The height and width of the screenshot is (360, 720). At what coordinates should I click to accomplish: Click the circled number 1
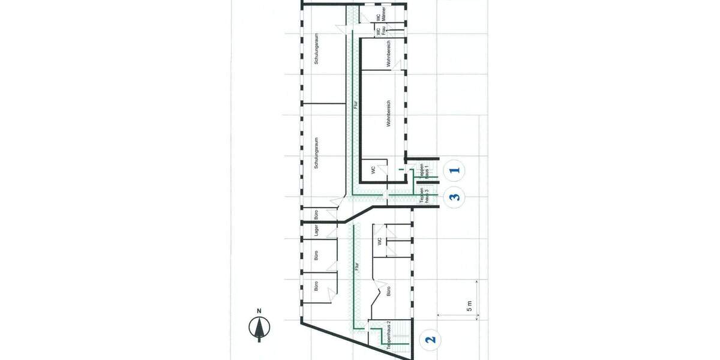point(456,170)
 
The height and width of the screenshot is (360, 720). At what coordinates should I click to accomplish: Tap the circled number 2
point(430,340)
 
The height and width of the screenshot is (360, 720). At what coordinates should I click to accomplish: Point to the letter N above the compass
point(259,311)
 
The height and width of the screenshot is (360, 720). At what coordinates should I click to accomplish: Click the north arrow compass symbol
point(259,329)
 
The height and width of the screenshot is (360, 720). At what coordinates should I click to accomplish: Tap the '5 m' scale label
point(469,306)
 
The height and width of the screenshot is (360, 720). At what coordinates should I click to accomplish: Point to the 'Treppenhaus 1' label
point(424,172)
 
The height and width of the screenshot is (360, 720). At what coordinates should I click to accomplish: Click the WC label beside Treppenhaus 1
point(373,170)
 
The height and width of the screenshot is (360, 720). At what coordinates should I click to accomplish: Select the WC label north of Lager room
point(379,242)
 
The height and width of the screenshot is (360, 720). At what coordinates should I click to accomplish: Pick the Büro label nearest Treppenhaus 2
point(389,292)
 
